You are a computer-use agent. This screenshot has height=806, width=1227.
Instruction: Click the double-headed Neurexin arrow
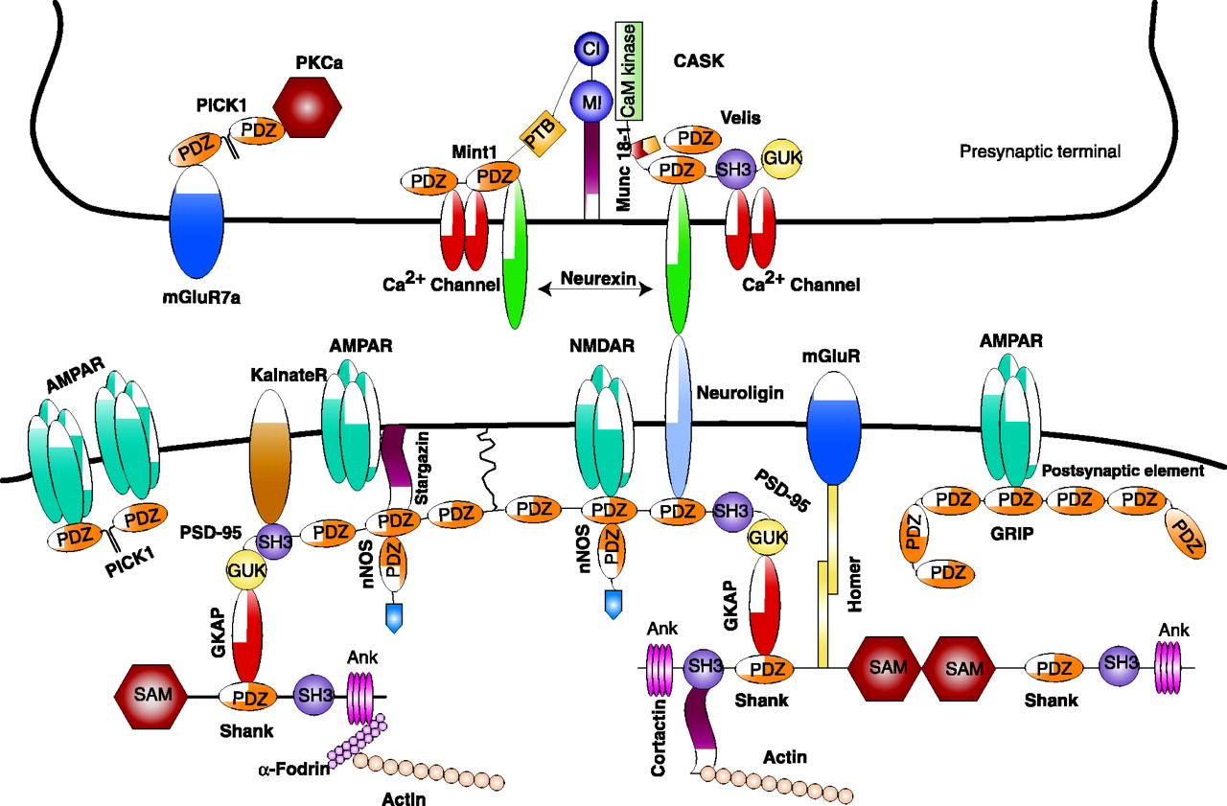click(598, 285)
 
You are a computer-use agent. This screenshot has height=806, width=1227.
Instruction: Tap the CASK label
click(698, 60)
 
